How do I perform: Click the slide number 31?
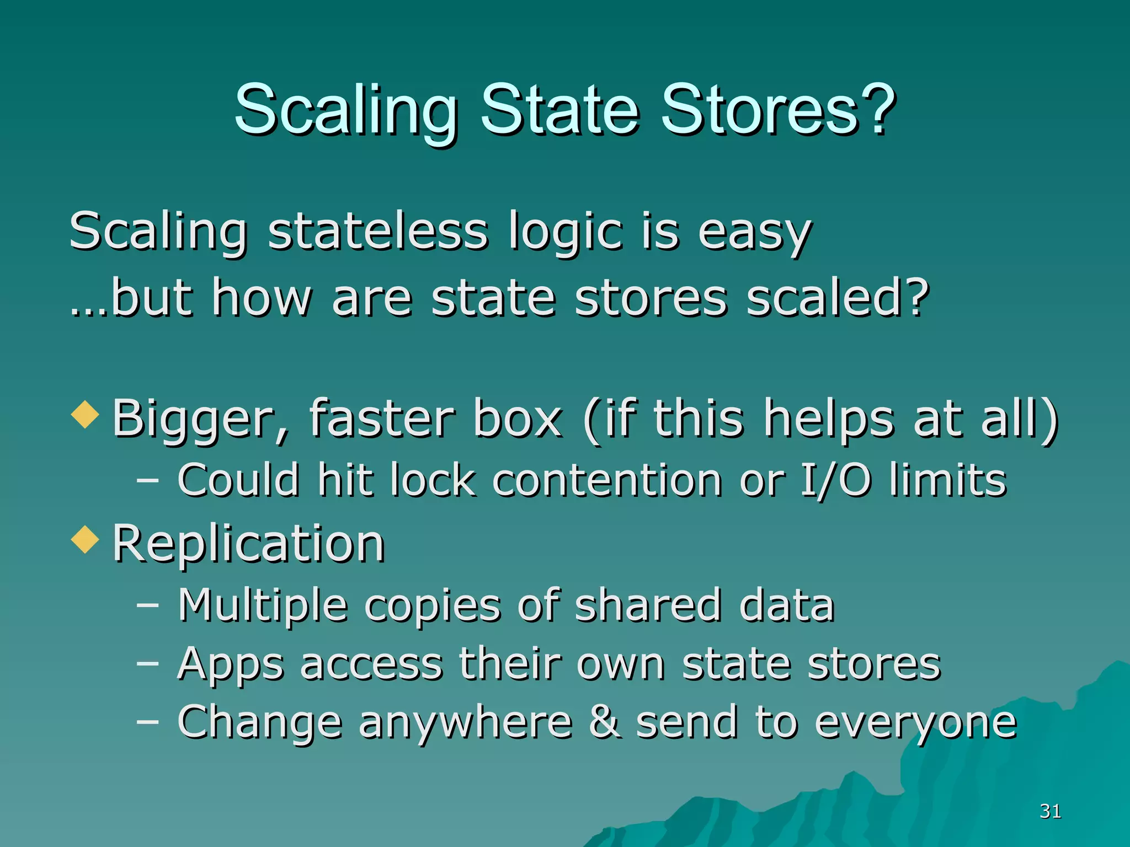pos(1050,811)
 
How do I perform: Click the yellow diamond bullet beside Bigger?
pos(86,415)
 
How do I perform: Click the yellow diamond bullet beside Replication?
pos(86,539)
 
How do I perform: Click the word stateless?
pos(378,232)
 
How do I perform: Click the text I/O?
pos(835,480)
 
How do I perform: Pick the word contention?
pos(607,480)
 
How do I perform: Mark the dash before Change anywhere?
pos(147,722)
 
